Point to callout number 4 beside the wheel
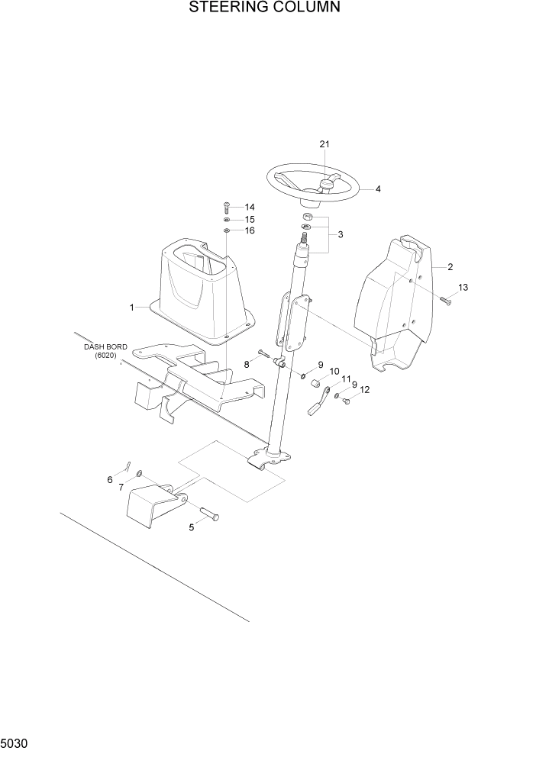point(378,188)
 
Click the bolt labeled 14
point(226,206)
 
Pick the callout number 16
point(249,230)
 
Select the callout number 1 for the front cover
point(131,308)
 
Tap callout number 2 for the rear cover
point(450,267)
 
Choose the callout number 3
point(341,234)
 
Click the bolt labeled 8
point(264,353)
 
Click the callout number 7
point(121,487)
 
